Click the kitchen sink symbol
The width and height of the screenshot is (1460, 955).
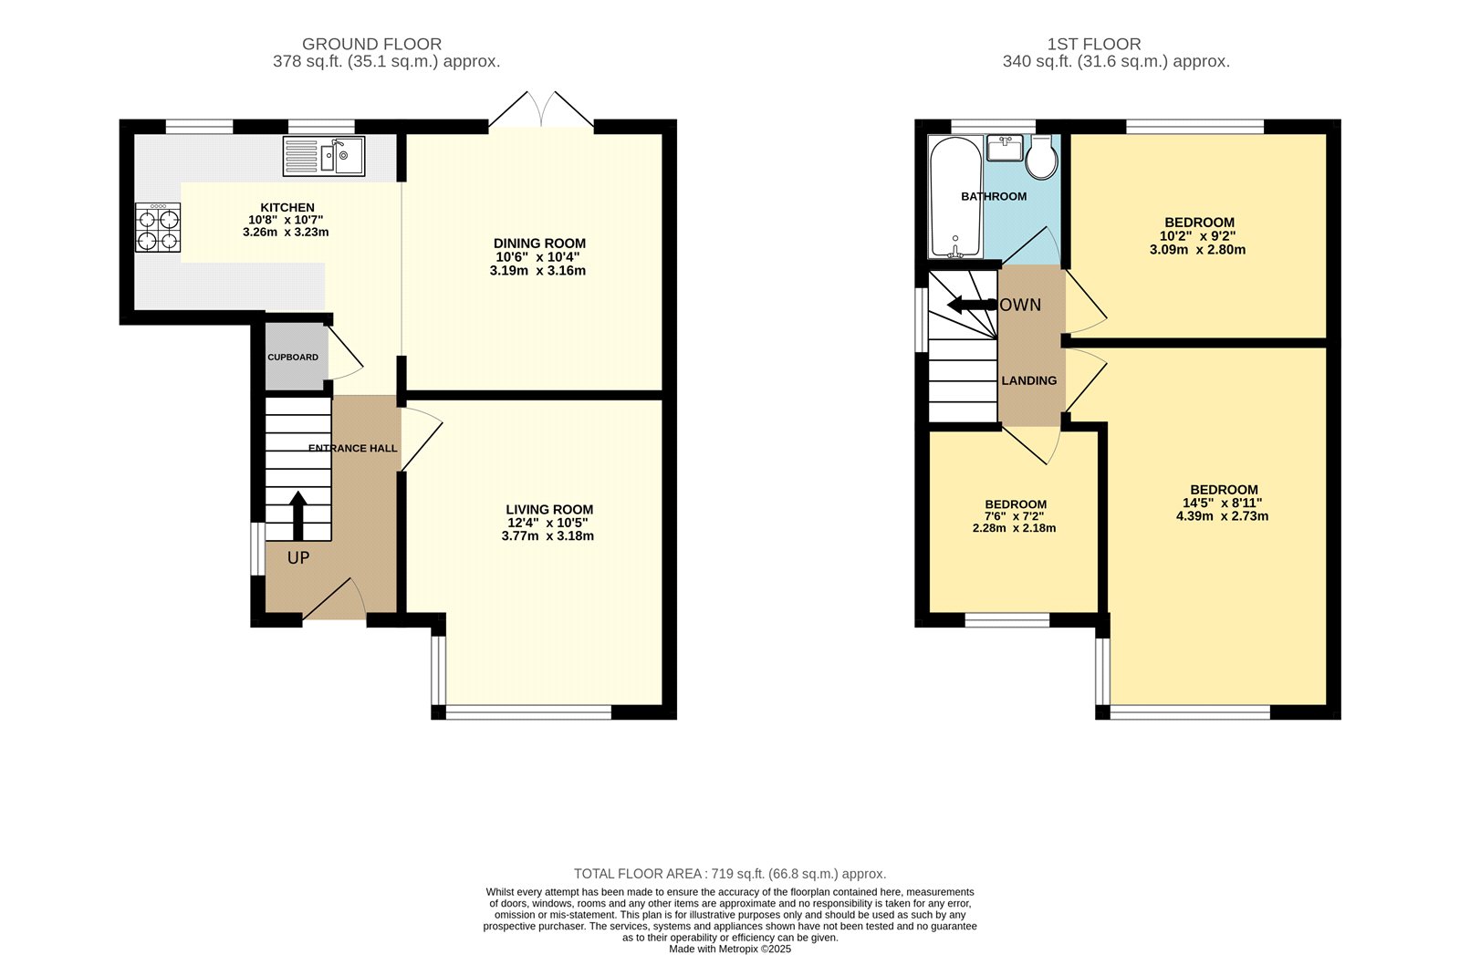pos(323,156)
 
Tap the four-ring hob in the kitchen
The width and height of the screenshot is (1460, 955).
pos(158,228)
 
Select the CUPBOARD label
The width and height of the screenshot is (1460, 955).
pos(293,358)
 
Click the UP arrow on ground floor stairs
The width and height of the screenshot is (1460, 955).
pos(297,517)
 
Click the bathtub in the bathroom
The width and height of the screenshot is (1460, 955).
pos(955,198)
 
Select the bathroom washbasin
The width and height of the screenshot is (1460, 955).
pos(1005,148)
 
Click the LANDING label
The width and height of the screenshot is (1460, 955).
pos(1029,380)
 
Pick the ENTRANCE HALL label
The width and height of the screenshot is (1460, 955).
pos(353,448)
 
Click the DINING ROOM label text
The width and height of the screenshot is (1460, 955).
pos(539,244)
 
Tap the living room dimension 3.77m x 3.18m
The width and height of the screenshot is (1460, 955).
pos(547,536)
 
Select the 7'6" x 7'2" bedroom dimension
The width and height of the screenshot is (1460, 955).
pos(1015,516)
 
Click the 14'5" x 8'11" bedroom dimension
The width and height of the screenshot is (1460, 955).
pos(1223,503)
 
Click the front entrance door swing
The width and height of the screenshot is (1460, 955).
pos(336,599)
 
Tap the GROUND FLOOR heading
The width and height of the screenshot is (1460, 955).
pos(371,44)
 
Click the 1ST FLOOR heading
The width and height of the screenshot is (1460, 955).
pos(1093,44)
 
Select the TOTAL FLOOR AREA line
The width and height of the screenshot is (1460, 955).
pos(729,874)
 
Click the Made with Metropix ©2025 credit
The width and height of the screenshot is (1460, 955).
pos(729,949)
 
